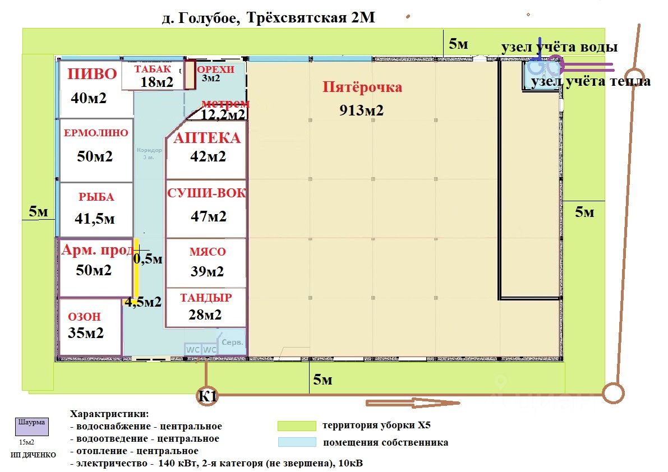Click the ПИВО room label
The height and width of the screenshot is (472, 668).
[92, 74]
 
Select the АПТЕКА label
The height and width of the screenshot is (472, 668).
[207, 138]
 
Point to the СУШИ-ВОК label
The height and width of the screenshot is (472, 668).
[206, 193]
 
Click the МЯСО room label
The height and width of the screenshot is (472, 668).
[207, 252]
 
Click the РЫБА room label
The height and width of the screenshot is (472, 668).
[96, 197]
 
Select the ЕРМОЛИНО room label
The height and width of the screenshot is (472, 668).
[96, 133]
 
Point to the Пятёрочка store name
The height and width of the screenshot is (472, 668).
[362, 87]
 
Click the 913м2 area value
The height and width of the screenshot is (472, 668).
[361, 110]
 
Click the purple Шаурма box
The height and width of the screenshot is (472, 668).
[31, 426]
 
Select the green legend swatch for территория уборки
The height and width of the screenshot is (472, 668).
[297, 426]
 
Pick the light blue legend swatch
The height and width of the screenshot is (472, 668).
[297, 442]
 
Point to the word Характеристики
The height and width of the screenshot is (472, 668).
[110, 414]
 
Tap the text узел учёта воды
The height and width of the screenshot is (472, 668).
[559, 47]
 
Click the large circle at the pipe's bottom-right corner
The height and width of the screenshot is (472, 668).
[613, 392]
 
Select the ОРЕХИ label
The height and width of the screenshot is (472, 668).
[215, 70]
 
